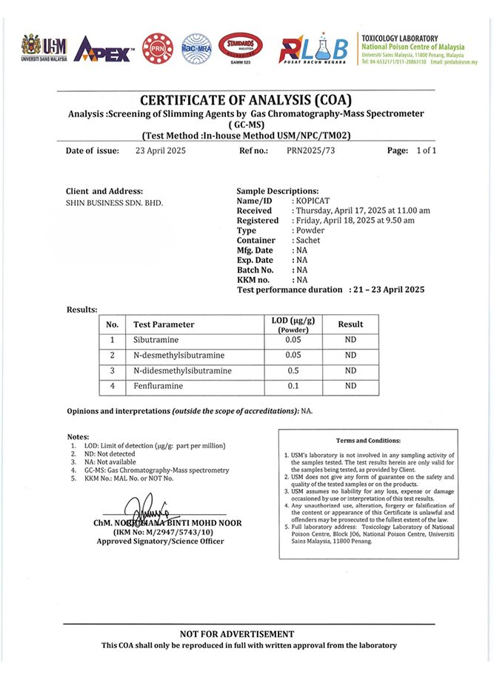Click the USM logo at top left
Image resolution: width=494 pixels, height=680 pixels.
(x=44, y=47)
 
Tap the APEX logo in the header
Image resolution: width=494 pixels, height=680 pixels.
(x=104, y=49)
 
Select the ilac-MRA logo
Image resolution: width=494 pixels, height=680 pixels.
(x=197, y=47)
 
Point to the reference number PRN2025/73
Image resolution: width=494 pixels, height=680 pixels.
(x=310, y=150)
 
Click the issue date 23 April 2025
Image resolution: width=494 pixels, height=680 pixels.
(x=155, y=150)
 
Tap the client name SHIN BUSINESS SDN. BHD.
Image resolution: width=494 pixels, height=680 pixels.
(x=114, y=201)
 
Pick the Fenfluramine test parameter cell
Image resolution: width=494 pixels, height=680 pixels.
(x=158, y=386)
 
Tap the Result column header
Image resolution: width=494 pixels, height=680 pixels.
(x=350, y=324)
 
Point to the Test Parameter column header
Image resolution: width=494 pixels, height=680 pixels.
(x=164, y=324)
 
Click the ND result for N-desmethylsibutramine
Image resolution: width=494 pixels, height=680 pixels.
(x=350, y=356)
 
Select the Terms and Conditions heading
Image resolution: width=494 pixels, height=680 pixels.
(x=368, y=441)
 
